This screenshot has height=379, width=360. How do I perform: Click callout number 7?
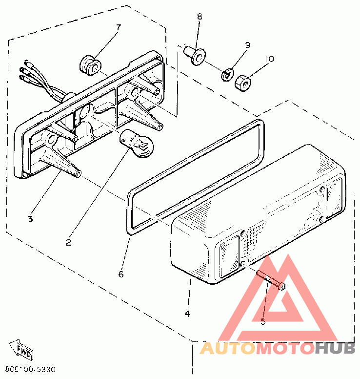118,27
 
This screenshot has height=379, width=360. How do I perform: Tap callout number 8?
200,17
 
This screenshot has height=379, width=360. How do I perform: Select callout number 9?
248,45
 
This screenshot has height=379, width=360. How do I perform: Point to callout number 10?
269,59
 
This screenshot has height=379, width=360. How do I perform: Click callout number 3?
30,219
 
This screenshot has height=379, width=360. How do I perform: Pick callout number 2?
68,242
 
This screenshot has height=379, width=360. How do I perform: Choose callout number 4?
187,314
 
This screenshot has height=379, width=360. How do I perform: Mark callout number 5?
263,322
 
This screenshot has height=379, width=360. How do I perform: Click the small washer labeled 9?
227,75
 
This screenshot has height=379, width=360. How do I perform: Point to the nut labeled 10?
242,83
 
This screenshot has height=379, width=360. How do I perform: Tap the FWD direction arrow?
23,350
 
